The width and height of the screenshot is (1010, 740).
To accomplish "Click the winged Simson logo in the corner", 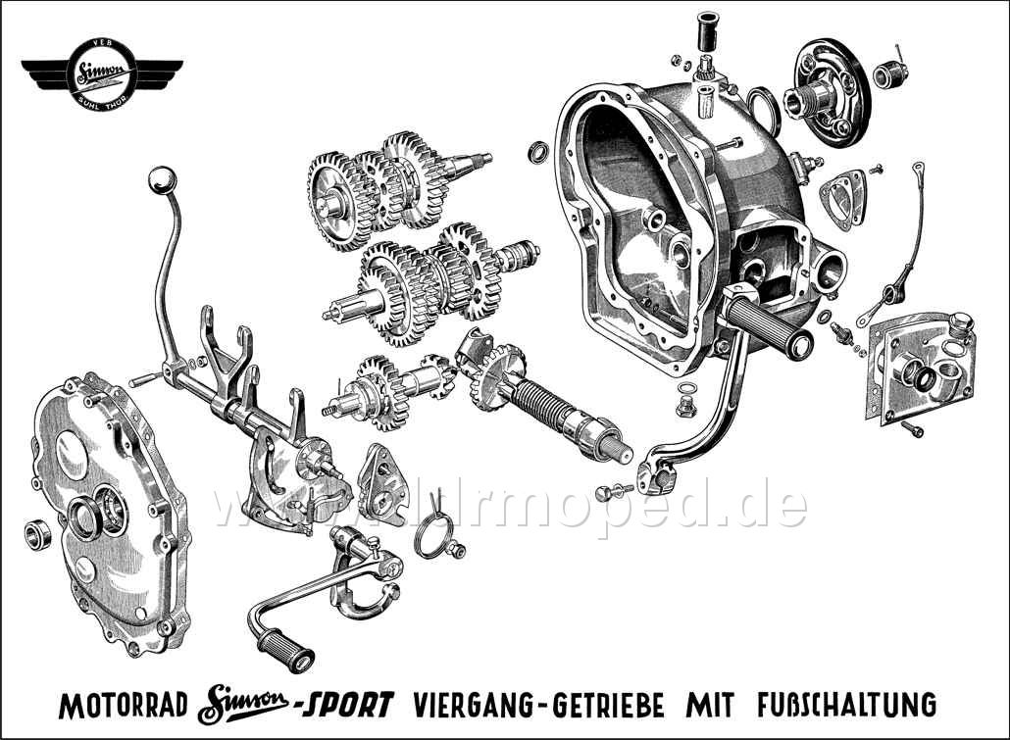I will point(102,74).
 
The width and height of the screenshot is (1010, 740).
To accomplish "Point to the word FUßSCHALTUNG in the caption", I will point(846,705).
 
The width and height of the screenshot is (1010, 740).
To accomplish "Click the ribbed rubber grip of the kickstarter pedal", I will point(284,651).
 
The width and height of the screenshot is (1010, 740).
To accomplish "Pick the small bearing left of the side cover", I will point(37,533).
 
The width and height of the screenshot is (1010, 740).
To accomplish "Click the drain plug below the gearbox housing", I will point(687,402).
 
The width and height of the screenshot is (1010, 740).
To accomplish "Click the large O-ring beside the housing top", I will point(760,101).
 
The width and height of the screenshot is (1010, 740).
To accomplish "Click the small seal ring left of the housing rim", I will point(537,151).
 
